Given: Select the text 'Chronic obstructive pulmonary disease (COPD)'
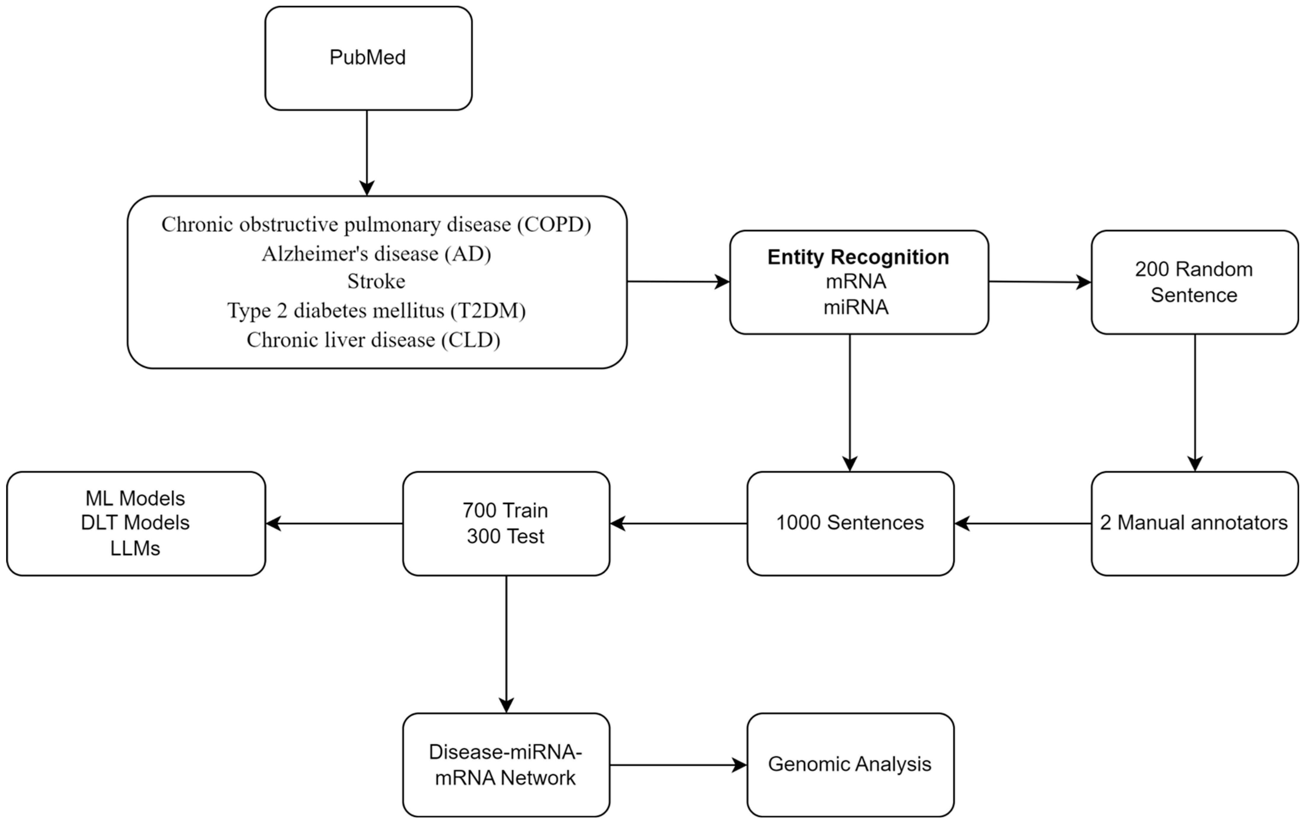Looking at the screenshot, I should click(x=376, y=224).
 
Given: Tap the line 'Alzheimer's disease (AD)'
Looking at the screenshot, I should click(x=376, y=253).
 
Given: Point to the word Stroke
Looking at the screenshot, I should click(x=376, y=281).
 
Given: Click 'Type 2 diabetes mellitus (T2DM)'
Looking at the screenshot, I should click(x=376, y=310).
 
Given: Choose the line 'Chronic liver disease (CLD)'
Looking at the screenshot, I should click(x=373, y=340).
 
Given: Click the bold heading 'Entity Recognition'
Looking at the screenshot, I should click(x=858, y=257).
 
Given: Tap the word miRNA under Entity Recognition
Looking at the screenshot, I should click(x=856, y=307).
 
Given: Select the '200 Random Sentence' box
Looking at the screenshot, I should click(x=1194, y=282).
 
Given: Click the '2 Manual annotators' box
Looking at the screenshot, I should click(x=1194, y=523).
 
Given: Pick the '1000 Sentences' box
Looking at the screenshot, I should click(x=850, y=523).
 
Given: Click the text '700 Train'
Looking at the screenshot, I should click(x=505, y=510).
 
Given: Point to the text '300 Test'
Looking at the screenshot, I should click(x=505, y=536).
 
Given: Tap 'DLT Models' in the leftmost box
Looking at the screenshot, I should click(x=135, y=523).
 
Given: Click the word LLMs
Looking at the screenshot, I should click(x=135, y=548).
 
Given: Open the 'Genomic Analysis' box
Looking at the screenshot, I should click(x=850, y=764).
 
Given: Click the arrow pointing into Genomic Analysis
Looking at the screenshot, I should click(x=678, y=765).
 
